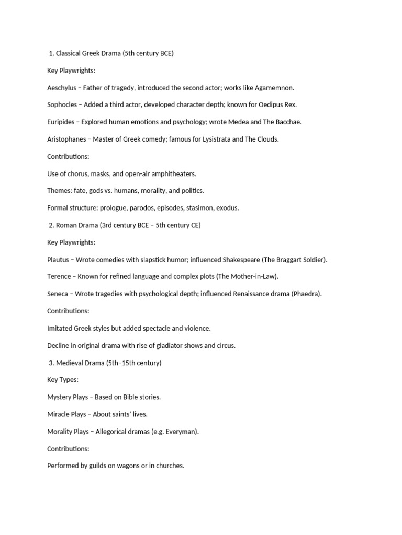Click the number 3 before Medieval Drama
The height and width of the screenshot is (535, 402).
coord(50,363)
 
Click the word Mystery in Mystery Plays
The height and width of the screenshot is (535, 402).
coord(60,397)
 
